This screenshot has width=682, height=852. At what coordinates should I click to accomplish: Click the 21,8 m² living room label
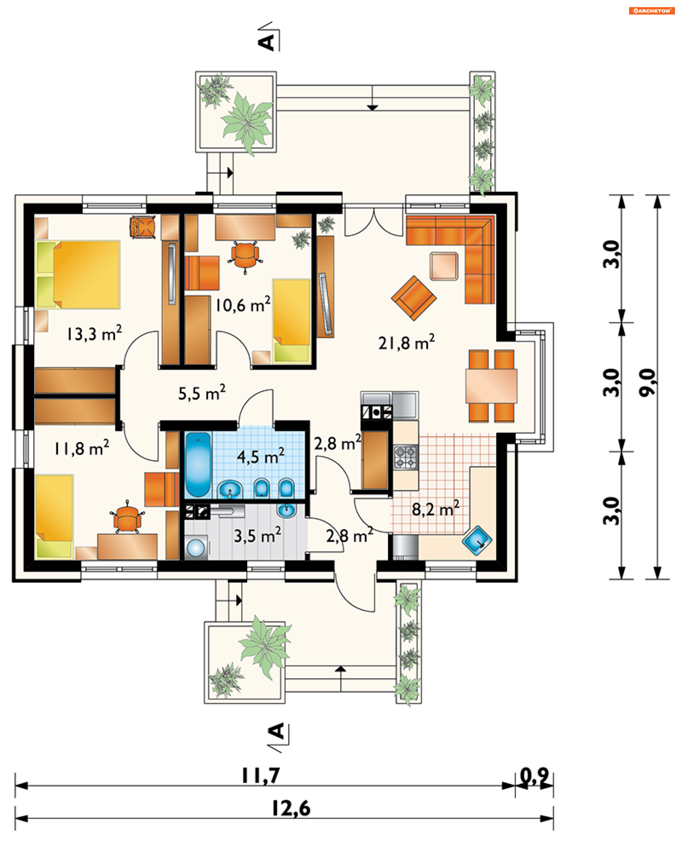point(406,342)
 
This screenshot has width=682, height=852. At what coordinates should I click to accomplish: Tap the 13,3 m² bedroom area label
point(94,333)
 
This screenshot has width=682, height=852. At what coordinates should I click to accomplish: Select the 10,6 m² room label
point(243,305)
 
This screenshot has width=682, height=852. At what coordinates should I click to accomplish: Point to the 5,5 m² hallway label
point(202,393)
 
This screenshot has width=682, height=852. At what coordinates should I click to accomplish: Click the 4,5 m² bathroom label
point(260,456)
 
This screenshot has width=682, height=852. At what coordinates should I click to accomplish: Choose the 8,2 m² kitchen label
point(435,509)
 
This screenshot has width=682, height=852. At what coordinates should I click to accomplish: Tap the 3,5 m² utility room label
point(258,535)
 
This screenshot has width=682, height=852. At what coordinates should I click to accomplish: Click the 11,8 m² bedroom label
point(81,448)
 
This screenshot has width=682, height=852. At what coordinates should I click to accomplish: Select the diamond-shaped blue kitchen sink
point(477,540)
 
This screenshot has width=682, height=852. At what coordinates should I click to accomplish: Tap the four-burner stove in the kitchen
point(405,457)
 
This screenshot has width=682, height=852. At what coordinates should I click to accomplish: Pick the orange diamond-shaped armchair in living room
point(413,298)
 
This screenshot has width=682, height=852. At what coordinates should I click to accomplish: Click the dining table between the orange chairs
point(491,386)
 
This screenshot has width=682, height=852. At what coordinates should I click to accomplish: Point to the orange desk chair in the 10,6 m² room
point(245,256)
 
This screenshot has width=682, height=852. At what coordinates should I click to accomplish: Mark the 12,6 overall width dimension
point(291,808)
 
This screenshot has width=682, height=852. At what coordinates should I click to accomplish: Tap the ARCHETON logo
point(651,11)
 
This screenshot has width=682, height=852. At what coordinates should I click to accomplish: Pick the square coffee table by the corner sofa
point(444,266)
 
